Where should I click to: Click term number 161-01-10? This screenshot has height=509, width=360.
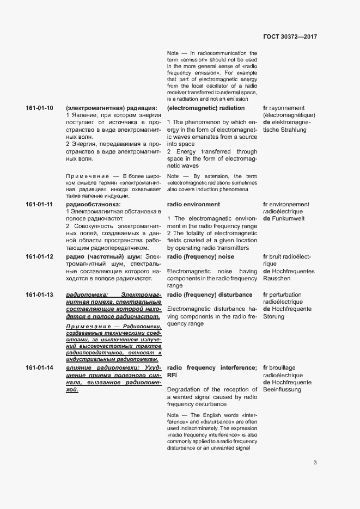[39, 108]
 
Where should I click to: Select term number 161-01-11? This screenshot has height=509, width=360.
[39, 205]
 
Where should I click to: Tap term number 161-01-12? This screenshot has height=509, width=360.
[39, 256]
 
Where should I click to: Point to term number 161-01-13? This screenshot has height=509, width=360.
[39, 295]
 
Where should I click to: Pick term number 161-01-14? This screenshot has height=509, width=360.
[39, 368]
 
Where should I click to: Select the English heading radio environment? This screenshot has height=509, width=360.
[194, 205]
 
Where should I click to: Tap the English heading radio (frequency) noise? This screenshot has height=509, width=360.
[200, 256]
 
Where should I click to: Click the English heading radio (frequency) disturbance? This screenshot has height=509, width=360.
[210, 295]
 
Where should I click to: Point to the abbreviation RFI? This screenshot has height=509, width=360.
[173, 376]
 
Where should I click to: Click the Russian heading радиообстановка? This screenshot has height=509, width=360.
[89, 205]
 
